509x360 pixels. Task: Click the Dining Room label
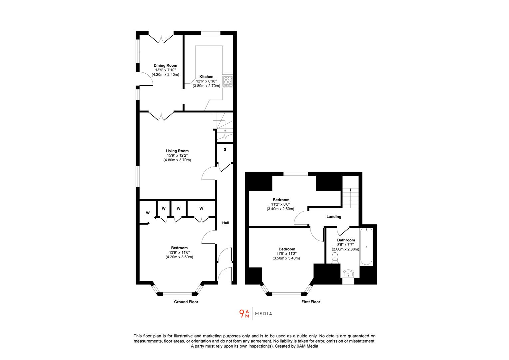(165, 66)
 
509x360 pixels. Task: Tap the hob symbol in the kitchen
(228, 81)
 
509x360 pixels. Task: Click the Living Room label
(177, 151)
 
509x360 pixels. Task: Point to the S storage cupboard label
(225, 150)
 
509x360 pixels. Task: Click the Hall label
(226, 223)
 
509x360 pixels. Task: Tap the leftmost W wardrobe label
(148, 213)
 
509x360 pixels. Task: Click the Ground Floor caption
(186, 302)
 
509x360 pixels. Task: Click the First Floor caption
(310, 302)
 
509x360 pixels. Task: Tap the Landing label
(333, 217)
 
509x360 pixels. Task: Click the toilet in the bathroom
(335, 258)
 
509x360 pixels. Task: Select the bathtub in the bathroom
(366, 247)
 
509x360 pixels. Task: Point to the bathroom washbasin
(348, 274)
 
